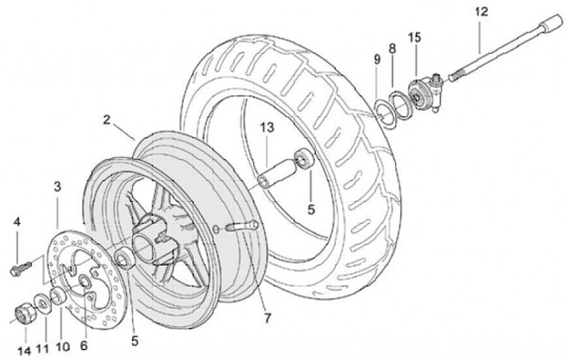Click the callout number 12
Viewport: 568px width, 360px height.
click(481, 12)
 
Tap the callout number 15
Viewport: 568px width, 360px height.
click(415, 37)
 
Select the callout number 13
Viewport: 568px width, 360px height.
click(267, 128)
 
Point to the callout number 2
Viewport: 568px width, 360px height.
click(106, 120)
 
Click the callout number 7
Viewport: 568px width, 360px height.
click(267, 318)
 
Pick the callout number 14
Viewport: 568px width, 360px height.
click(24, 351)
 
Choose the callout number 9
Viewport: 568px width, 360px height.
click(377, 59)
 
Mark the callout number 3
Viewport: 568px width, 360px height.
click(58, 186)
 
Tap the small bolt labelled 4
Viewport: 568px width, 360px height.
click(21, 268)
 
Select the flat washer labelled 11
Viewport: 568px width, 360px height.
click(43, 305)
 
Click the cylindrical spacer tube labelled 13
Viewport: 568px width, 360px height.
click(275, 174)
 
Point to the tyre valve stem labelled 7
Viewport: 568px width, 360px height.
click(241, 227)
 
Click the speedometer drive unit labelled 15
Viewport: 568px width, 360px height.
click(425, 93)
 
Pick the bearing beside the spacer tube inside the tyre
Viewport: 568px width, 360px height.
click(302, 158)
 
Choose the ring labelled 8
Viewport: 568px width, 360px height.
click(400, 104)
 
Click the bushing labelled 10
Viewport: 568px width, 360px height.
click(58, 295)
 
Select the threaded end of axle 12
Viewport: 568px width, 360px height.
click(458, 76)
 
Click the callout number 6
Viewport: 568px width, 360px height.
click(84, 346)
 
